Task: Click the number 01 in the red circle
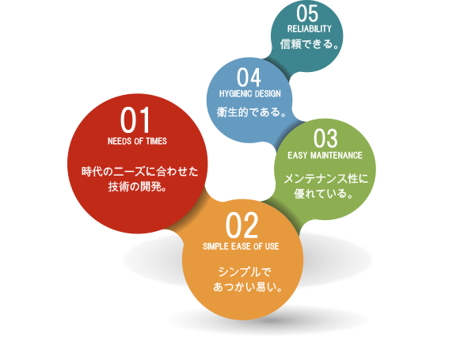135,120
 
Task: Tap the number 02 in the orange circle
242,225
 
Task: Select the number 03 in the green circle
325,138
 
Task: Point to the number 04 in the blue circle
249,78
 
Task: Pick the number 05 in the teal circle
307,13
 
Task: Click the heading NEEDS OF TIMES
137,141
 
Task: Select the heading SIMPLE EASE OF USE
241,246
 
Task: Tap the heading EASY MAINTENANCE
325,155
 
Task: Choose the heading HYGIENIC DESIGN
250,94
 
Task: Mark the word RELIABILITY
310,28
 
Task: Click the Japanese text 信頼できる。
310,44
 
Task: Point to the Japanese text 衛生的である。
252,112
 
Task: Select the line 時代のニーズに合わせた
139,172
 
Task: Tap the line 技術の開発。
138,187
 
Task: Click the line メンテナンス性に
325,179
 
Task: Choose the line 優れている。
324,194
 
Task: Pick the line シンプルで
245,272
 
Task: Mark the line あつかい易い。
248,287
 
